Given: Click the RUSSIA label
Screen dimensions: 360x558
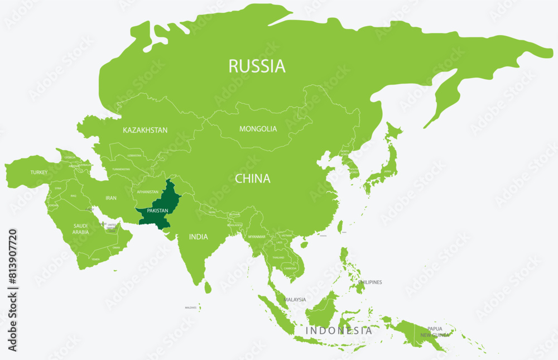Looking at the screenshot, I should (257, 66).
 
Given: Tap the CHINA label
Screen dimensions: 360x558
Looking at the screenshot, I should (252, 179).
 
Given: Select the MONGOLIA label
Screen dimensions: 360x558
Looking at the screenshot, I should (258, 129).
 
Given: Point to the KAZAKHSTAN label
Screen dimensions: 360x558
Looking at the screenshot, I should (145, 130).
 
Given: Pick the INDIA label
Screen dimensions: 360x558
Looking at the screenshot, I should (198, 237).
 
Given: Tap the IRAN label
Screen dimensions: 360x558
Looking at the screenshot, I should (111, 198).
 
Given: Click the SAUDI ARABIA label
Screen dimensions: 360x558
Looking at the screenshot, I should (80, 229).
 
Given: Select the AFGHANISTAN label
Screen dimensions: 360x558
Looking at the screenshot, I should (148, 192).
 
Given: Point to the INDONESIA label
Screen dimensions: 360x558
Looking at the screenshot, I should (338, 330).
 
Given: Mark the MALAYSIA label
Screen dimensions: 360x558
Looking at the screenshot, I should (295, 300).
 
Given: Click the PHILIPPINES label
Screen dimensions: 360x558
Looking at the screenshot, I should (370, 282).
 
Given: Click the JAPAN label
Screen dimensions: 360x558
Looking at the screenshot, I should (386, 172).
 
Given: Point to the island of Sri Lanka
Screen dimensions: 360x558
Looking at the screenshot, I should (208, 287).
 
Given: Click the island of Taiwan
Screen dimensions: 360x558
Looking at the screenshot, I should (340, 226).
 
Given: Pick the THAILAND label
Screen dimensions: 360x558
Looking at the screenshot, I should (277, 257).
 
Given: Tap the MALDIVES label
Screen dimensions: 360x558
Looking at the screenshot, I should (191, 308).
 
